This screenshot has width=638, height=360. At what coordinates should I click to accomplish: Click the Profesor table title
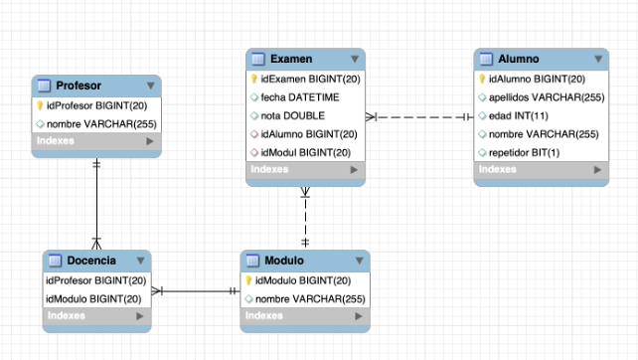(x=79, y=86)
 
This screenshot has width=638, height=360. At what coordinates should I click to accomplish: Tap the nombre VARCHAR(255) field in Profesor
(x=98, y=123)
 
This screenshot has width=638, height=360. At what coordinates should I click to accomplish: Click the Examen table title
(x=290, y=60)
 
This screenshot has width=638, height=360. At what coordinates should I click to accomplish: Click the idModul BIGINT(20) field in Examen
(x=304, y=152)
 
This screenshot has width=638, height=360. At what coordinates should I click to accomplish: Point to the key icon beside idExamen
(x=254, y=79)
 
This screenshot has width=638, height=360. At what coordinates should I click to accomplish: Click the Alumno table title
(x=518, y=60)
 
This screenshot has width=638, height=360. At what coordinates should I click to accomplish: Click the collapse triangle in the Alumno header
(x=597, y=60)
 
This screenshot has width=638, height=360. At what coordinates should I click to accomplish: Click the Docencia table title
(x=91, y=261)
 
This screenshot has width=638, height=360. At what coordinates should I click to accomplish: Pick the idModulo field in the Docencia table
(x=92, y=297)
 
